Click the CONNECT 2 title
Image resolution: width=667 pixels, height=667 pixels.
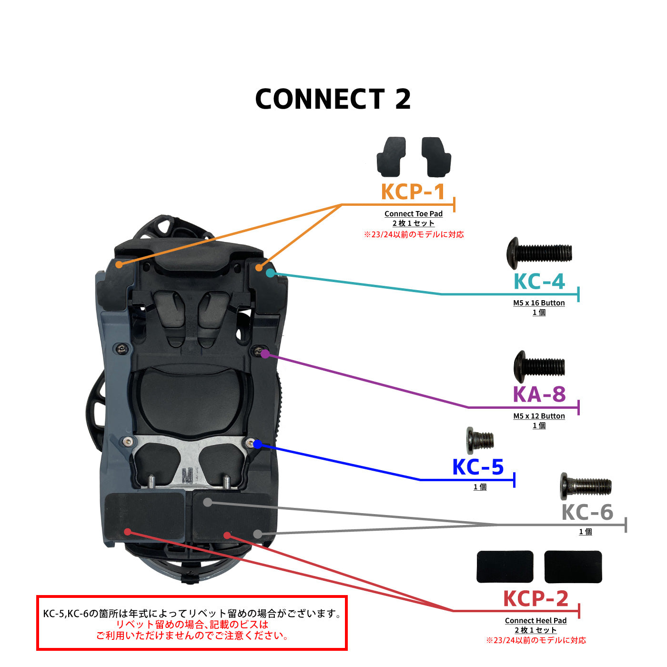click(x=333, y=99)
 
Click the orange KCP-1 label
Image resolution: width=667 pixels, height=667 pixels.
click(x=413, y=192)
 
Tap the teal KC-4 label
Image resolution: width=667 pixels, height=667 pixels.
click(x=539, y=282)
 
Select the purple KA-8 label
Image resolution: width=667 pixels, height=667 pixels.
click(x=539, y=394)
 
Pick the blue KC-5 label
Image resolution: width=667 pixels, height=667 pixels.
click(x=478, y=467)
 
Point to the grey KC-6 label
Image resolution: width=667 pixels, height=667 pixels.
click(x=587, y=513)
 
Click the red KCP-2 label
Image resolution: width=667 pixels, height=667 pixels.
click(x=536, y=599)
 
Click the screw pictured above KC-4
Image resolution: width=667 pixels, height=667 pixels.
click(x=539, y=253)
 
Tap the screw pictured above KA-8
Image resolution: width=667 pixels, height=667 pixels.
click(x=539, y=367)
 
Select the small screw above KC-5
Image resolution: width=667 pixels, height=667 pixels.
click(x=479, y=439)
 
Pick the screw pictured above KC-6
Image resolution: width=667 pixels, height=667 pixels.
click(x=586, y=486)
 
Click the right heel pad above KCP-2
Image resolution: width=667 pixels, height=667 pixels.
click(x=573, y=566)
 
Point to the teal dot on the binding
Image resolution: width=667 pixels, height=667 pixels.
click(x=270, y=273)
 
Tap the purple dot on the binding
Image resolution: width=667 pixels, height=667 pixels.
click(x=265, y=354)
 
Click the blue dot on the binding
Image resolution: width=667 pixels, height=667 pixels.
click(x=257, y=444)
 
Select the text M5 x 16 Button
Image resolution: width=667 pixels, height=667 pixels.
click(x=539, y=303)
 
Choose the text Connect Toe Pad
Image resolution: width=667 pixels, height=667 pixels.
click(x=414, y=214)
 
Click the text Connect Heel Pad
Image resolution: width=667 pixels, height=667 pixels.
click(x=536, y=621)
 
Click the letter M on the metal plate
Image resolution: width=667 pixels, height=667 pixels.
click(x=188, y=475)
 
